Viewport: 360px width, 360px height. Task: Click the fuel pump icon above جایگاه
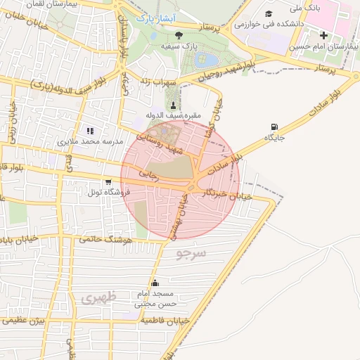point(272,127)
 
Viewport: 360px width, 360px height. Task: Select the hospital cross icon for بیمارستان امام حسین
point(324,36)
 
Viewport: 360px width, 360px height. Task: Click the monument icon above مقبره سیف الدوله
point(173,105)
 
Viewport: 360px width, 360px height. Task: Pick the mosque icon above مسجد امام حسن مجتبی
point(155,283)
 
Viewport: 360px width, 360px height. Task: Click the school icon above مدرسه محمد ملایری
point(89,131)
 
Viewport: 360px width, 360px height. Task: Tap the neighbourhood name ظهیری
point(97,298)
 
